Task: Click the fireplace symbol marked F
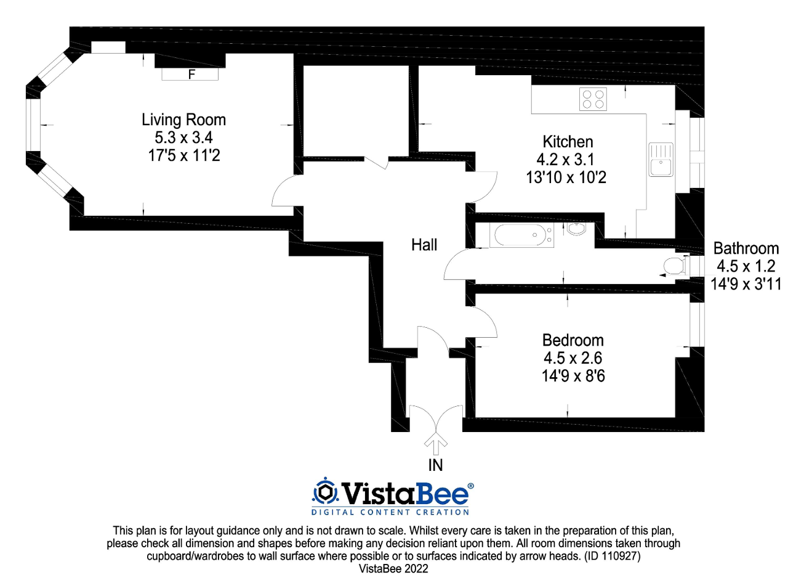tap(190, 74)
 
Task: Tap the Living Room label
tap(183, 120)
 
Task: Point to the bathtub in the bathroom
tap(521, 235)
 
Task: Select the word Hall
tap(424, 245)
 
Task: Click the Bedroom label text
tap(573, 340)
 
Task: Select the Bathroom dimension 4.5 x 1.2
tap(746, 267)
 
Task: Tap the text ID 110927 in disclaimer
tap(609, 556)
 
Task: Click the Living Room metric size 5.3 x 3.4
tap(183, 137)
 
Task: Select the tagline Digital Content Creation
tap(390, 512)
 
